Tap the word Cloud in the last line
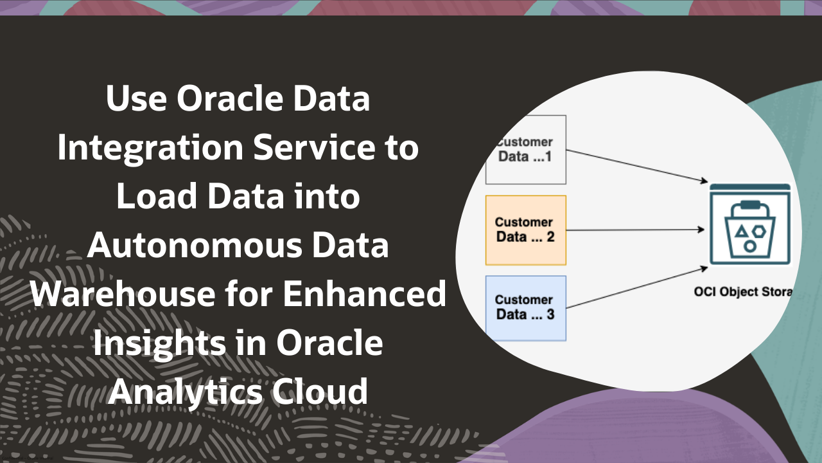327,392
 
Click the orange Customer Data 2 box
525,230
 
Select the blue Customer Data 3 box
525,308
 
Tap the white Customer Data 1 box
525,150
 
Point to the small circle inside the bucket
749,246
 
